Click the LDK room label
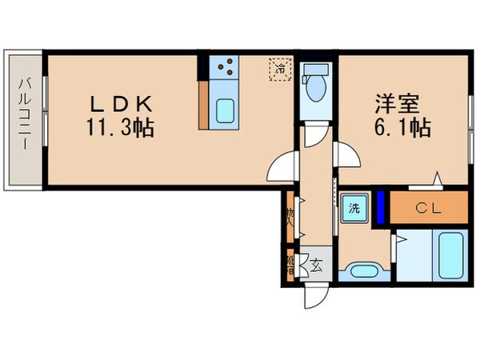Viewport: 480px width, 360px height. pyautogui.click(x=120, y=105)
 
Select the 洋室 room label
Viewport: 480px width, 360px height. pyautogui.click(x=394, y=105)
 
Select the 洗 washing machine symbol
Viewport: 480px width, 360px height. pyautogui.click(x=353, y=209)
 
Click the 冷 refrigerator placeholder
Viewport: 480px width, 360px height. pyautogui.click(x=281, y=69)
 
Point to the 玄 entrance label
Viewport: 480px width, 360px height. pyautogui.click(x=317, y=265)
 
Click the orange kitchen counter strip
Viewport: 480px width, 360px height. pyautogui.click(x=204, y=103)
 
